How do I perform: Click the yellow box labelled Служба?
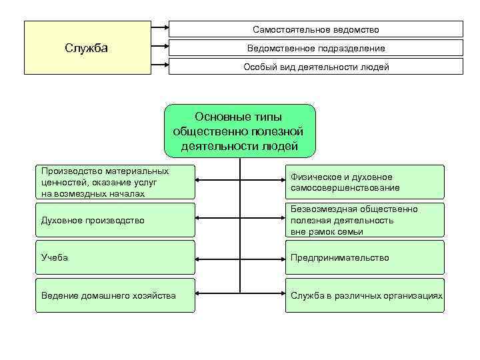pos(87,47)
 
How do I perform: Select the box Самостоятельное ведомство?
pos(315,29)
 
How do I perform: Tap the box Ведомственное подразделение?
pos(315,48)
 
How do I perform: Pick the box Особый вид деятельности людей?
pos(315,67)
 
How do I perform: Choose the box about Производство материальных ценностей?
pos(115,182)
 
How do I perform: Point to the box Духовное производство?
pos(115,220)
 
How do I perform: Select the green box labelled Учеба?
pos(115,257)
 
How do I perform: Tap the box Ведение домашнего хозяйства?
pos(115,295)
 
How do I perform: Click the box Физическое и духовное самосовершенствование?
pos(364,182)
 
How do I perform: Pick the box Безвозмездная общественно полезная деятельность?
pos(364,220)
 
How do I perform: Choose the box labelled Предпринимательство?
pos(364,257)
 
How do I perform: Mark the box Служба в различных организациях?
pos(364,295)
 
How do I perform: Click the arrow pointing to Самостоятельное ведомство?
pos(160,29)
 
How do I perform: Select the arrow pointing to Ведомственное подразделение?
pos(160,48)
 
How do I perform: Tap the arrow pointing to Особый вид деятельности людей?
pos(160,67)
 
